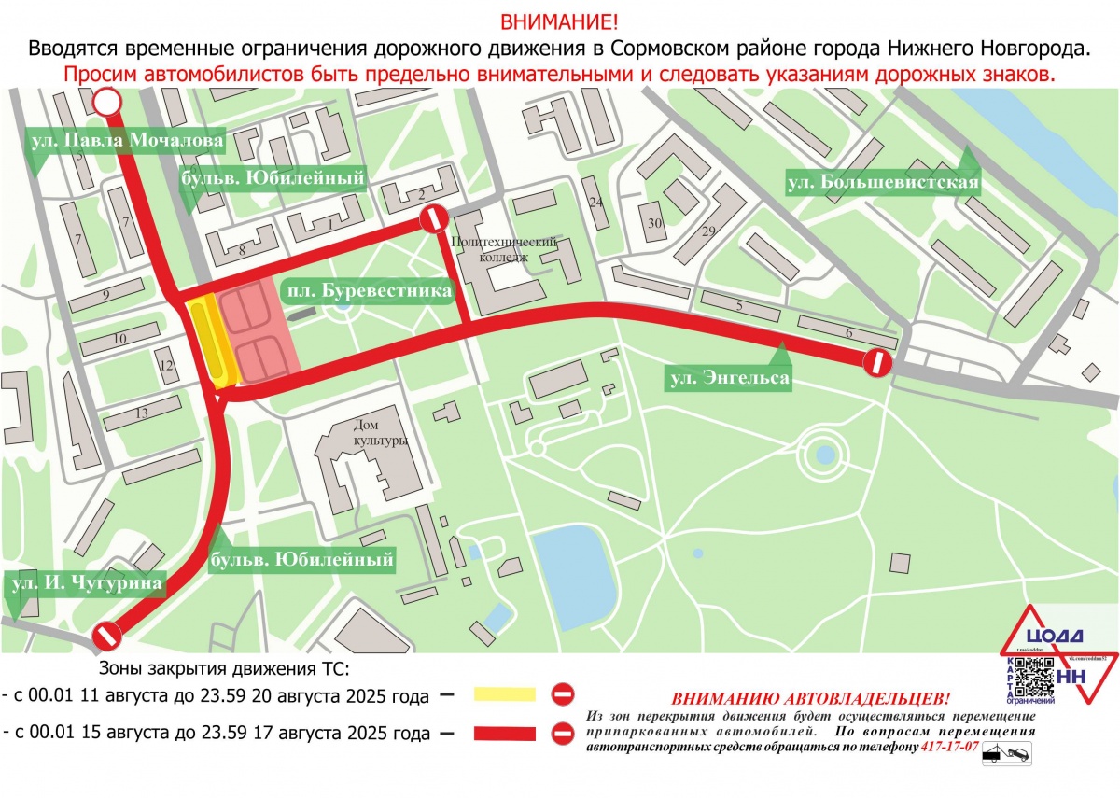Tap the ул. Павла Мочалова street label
[126, 141]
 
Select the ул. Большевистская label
[883, 181]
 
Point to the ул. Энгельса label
[729, 378]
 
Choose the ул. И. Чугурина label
[86, 583]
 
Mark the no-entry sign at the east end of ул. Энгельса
[877, 363]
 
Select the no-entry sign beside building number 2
[433, 220]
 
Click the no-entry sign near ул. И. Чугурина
[107, 637]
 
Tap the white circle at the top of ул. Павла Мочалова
[108, 102]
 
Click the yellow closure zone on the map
[211, 341]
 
